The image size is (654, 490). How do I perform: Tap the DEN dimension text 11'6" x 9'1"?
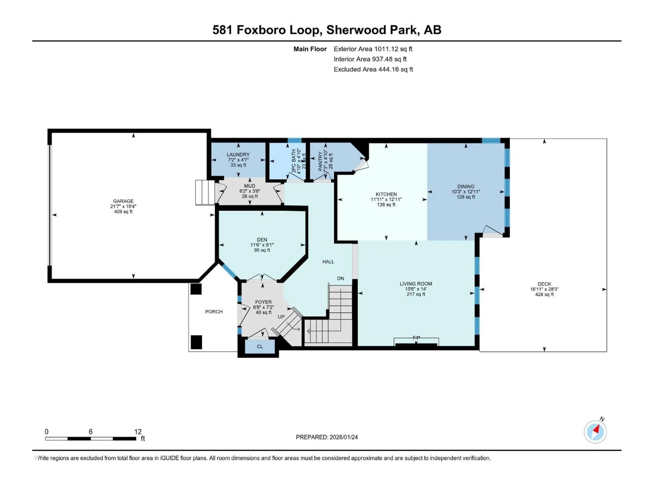262,245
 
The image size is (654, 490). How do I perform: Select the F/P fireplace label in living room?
416,338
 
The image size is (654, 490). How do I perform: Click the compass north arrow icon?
595,432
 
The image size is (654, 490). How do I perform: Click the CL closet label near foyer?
260,346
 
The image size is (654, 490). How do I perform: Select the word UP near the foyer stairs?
281,317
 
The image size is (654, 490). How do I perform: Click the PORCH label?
214,312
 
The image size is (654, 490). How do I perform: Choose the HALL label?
328,262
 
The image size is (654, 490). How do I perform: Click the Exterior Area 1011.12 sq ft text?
373,49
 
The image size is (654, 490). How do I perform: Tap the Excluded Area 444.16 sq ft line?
373,69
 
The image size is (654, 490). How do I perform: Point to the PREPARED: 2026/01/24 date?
327,437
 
